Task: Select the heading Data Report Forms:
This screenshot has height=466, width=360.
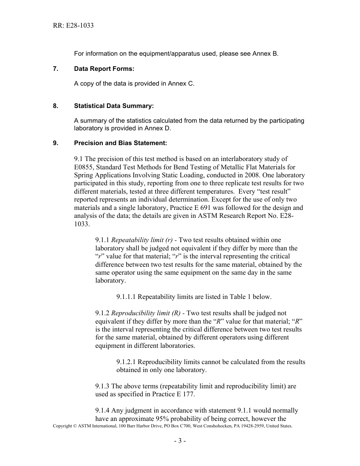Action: (104, 69)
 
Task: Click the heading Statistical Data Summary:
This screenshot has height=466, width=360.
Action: (114, 106)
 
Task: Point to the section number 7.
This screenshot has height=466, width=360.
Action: (55, 69)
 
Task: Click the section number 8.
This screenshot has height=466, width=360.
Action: (55, 106)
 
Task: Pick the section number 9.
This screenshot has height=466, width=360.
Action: (55, 143)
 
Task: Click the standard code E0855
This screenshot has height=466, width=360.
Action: (84, 167)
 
